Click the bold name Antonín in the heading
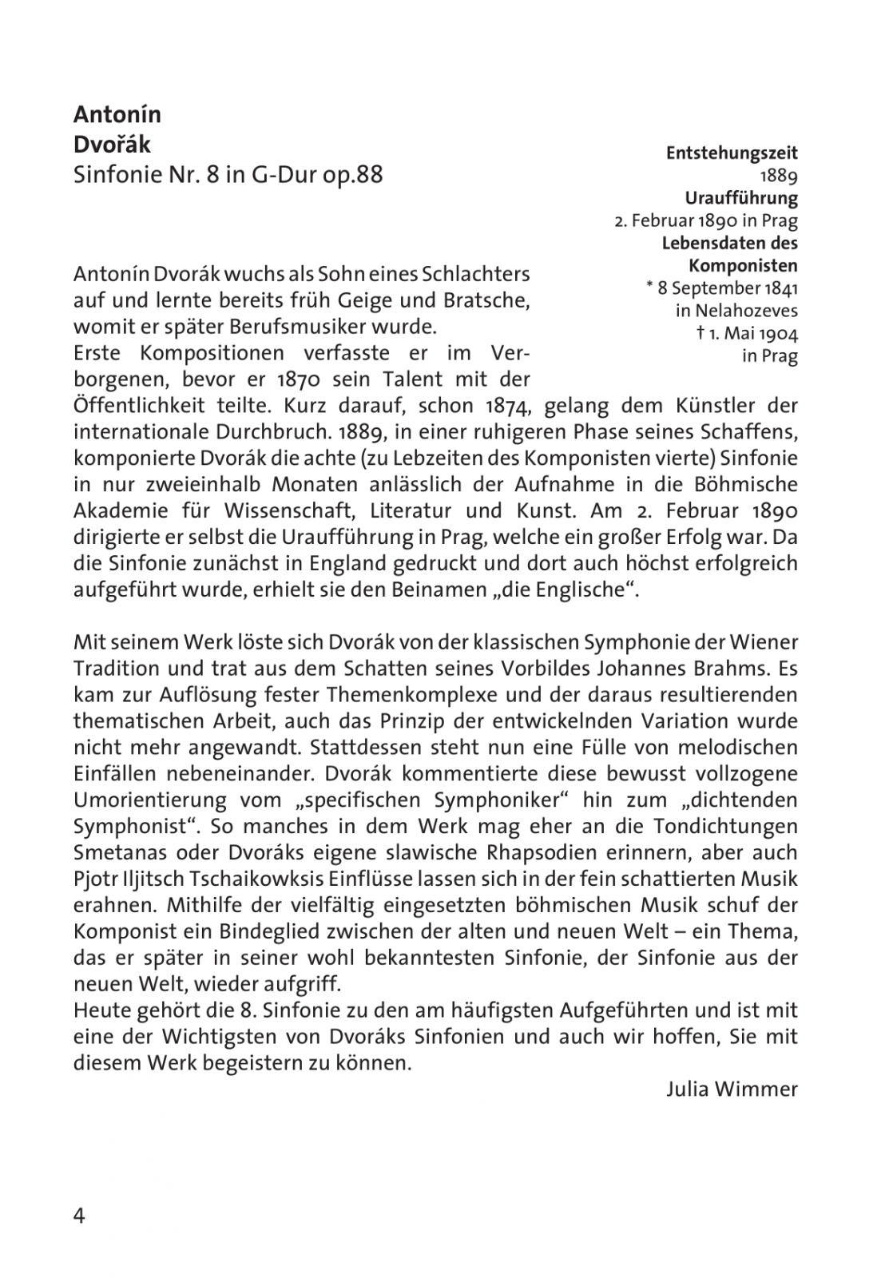click(117, 115)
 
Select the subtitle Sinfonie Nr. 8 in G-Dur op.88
click(228, 174)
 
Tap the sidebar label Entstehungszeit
click(732, 153)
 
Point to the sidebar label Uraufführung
click(741, 197)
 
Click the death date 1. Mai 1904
click(752, 333)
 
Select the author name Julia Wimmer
click(732, 1089)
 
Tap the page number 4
click(79, 1216)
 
